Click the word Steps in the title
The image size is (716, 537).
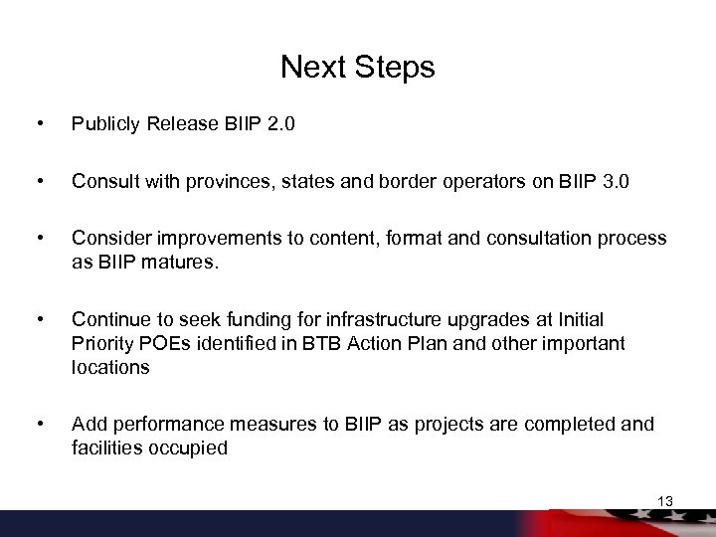point(394,68)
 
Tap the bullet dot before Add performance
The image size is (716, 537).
point(38,425)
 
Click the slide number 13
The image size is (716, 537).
point(665,501)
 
